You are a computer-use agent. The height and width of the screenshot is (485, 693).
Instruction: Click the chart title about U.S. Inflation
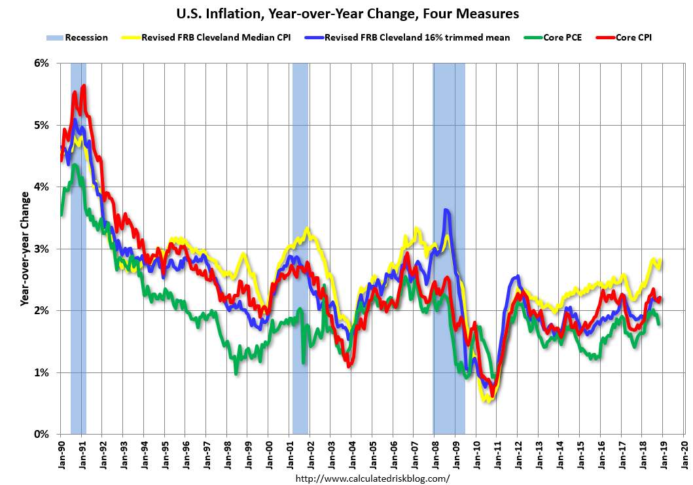coord(346,12)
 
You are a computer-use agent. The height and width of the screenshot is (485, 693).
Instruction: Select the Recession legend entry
coord(77,38)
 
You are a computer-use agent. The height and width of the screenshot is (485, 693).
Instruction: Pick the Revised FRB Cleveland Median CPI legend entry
coord(207,38)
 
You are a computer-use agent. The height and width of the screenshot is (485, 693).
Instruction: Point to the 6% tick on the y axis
coord(41,63)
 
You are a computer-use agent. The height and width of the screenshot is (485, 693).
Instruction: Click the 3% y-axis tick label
coord(41,249)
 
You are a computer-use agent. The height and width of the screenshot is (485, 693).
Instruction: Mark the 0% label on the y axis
coord(41,435)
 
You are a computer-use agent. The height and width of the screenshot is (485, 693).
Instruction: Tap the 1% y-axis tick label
coord(41,372)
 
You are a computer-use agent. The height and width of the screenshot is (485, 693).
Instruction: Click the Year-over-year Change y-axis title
coord(24,249)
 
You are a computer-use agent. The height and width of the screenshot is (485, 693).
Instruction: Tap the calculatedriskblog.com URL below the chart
coord(372,478)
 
